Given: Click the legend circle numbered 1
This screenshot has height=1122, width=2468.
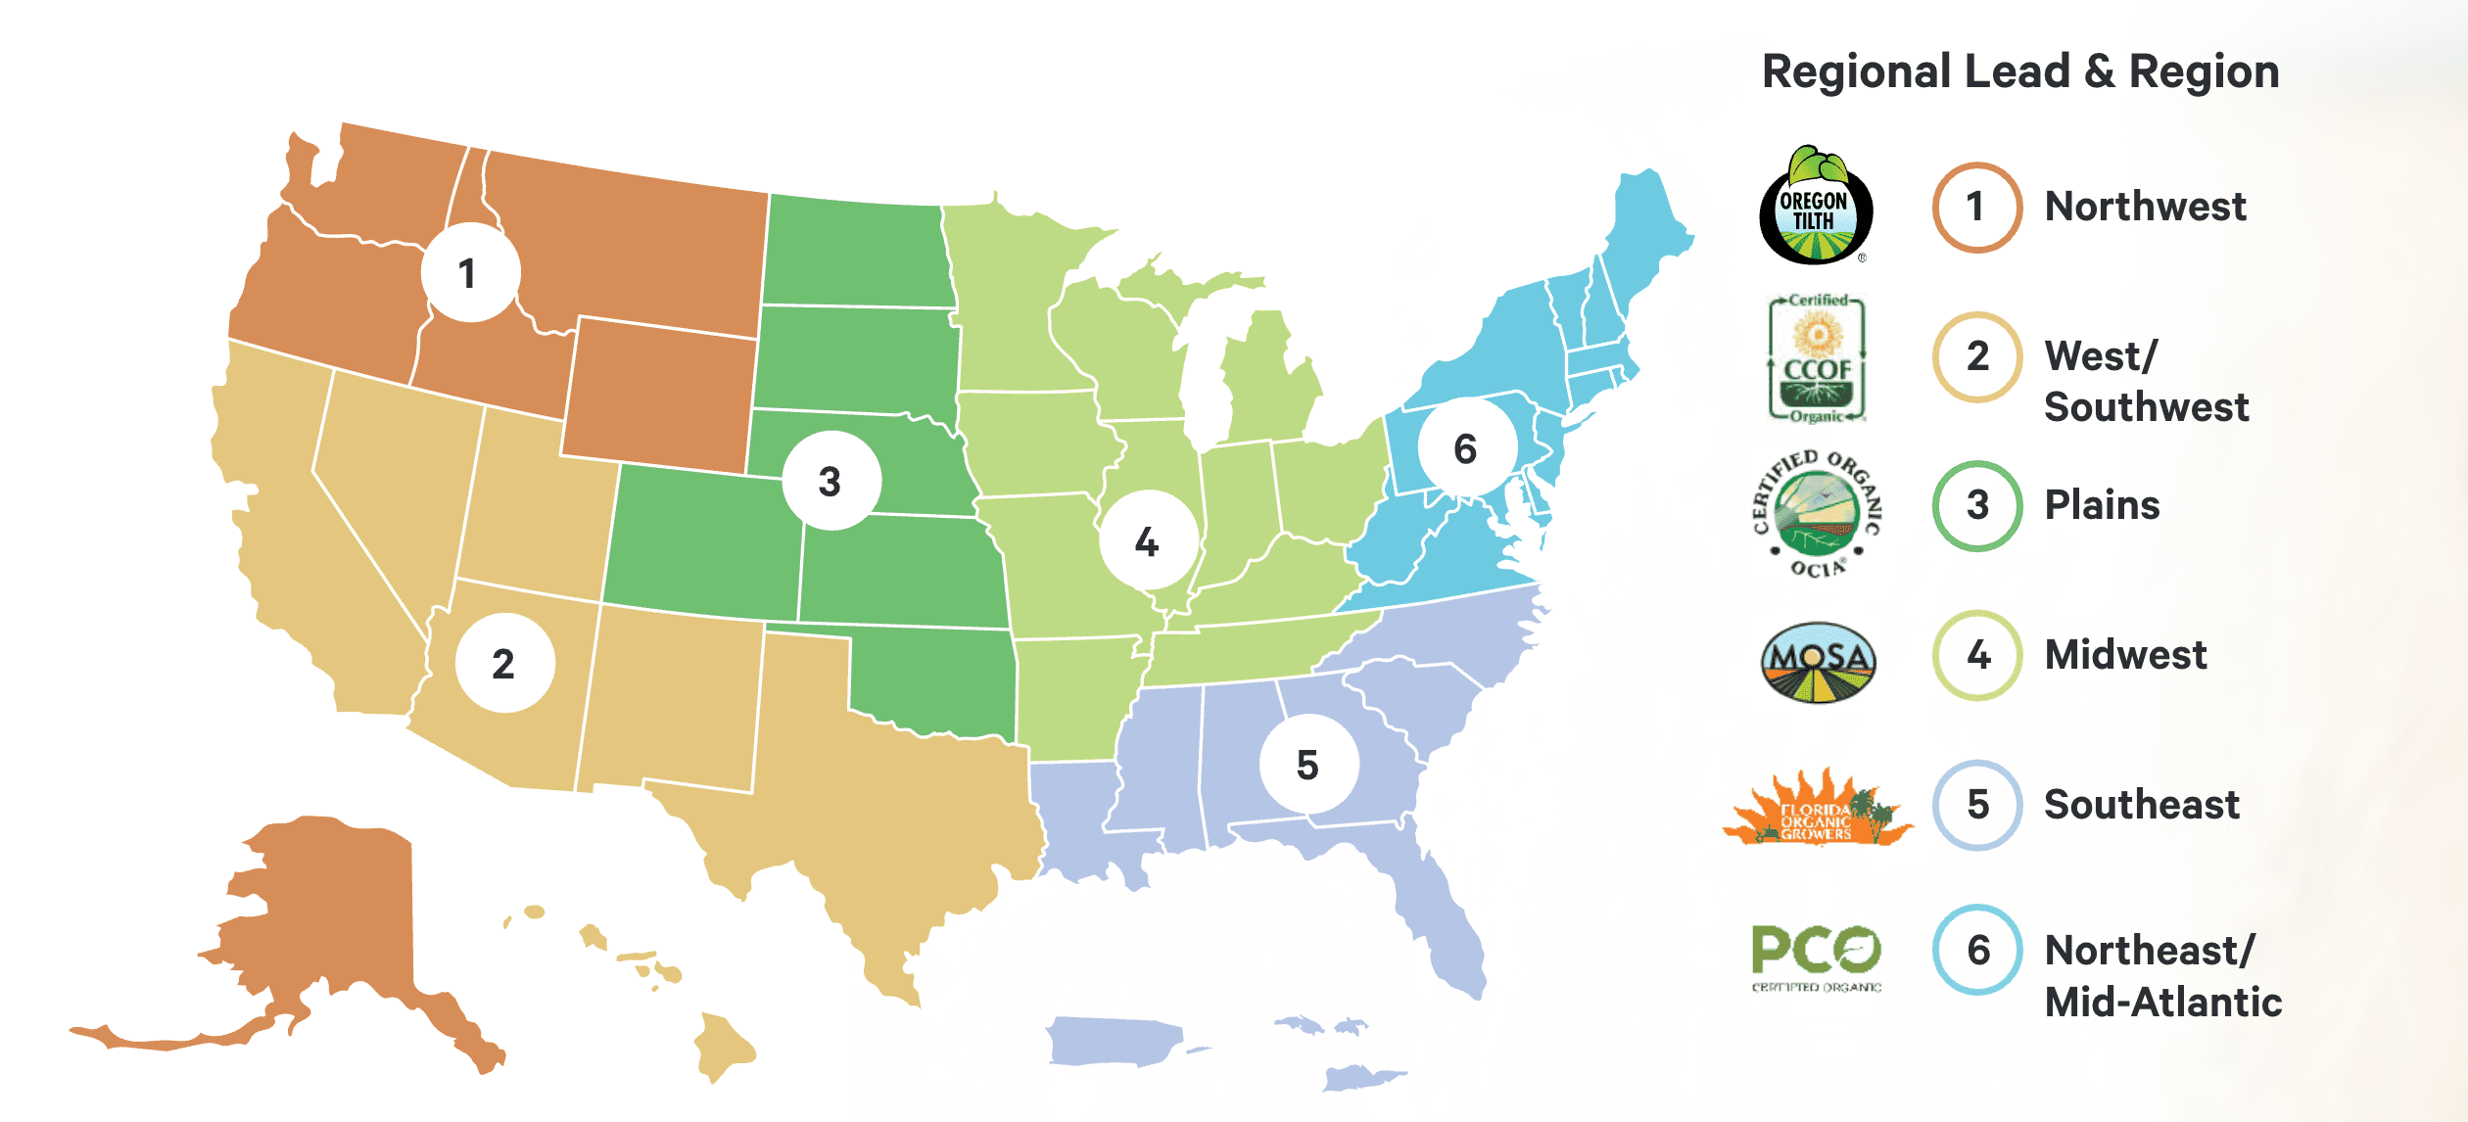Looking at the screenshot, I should coord(1976,208).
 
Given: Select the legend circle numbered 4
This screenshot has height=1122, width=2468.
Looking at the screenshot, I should coord(1977,655).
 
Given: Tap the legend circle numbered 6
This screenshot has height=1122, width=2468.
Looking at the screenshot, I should coord(1977,950).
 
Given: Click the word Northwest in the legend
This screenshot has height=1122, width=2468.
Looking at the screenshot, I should coord(2145,208).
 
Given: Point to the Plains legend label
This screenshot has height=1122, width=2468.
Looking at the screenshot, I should coord(2102,505).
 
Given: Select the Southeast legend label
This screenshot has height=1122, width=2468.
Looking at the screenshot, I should coord(2142,805).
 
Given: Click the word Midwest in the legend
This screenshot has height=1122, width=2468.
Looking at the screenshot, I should coord(2125,655).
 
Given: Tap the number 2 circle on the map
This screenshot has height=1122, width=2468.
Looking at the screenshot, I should coord(504,664).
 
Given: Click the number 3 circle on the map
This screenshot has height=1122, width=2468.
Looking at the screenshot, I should coord(831,481).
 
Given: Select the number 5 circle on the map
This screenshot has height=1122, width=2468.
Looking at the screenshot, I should coord(1308,765).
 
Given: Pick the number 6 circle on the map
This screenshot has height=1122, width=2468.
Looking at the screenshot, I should coord(1466,448).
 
